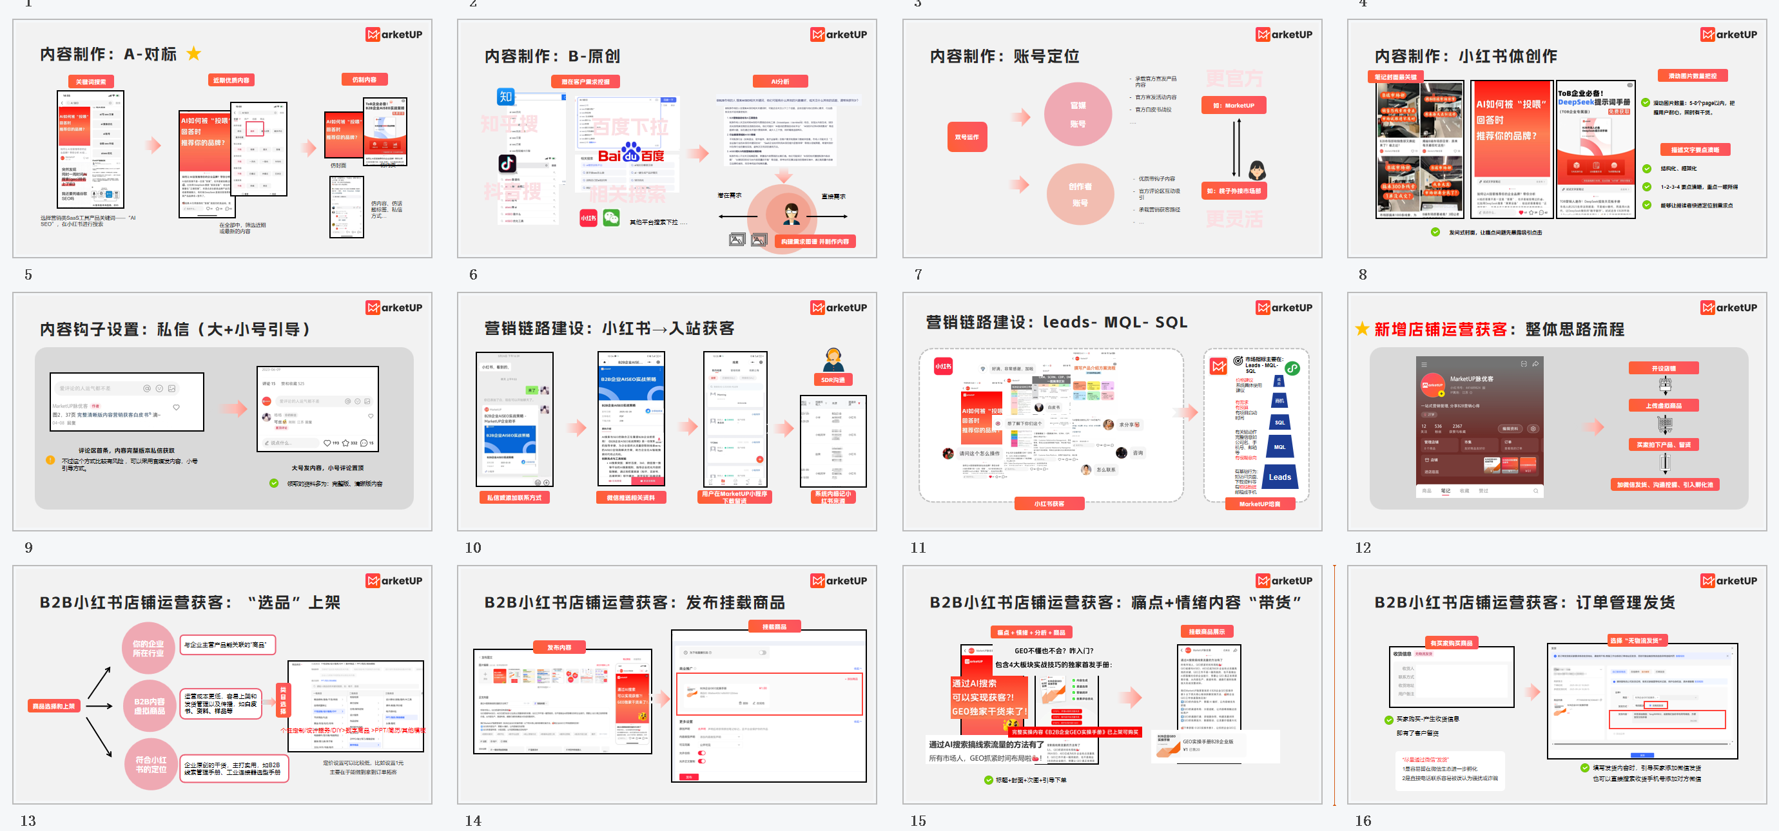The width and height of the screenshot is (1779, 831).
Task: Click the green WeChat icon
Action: point(611,218)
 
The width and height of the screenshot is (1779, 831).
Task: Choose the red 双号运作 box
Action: point(966,137)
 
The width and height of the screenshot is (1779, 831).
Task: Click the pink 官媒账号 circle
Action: point(1077,114)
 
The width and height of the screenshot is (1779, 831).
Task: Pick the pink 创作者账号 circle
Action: point(1080,194)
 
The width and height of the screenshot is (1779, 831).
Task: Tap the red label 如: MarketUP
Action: point(1238,106)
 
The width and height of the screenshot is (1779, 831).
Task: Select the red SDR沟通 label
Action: point(832,379)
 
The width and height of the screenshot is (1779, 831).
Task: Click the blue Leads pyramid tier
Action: point(1279,477)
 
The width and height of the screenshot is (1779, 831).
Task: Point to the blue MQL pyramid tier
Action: point(1279,446)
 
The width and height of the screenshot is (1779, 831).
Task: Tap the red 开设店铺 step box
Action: point(1663,368)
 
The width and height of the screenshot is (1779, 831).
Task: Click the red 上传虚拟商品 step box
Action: point(1663,406)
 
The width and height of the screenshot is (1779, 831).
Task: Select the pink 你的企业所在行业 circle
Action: point(148,648)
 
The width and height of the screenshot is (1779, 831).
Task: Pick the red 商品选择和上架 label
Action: point(54,706)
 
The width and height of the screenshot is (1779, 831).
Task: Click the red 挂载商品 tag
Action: point(774,627)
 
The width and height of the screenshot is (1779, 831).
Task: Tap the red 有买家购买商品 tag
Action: point(1451,643)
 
